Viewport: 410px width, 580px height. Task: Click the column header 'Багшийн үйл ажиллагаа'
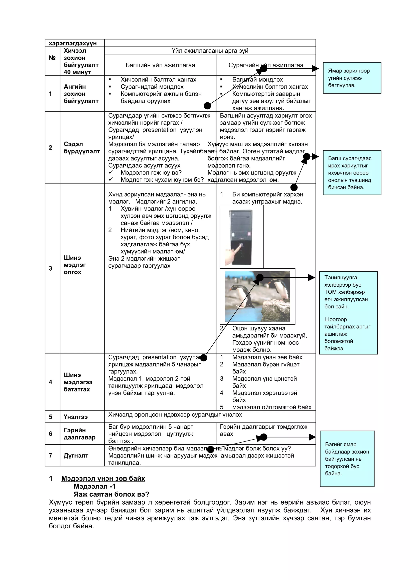pos(160,65)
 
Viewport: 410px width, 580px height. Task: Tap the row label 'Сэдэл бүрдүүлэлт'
pos(82,148)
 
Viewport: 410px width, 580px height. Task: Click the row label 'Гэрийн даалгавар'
pos(79,434)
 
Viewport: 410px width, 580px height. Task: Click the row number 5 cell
pos(50,417)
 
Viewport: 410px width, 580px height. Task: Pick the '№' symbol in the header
pos(52,58)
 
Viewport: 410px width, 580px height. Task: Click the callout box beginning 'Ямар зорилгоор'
pos(352,78)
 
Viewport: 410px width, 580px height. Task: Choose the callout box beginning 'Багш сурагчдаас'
pos(352,173)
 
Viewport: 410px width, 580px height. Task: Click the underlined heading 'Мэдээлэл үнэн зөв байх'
pos(103,479)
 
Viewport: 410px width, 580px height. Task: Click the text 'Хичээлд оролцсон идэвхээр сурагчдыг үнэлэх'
pos(175,415)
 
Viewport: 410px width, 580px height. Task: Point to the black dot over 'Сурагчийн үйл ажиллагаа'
pos(263,68)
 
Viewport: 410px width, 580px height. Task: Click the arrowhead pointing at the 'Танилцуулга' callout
pos(312,278)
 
